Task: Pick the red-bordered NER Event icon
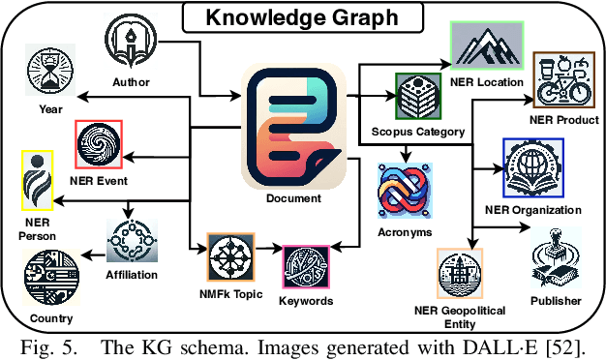(100, 143)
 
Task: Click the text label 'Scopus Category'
(418, 131)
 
